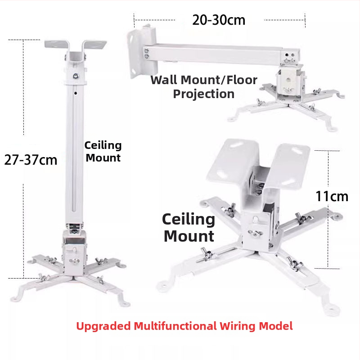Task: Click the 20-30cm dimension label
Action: coord(219,20)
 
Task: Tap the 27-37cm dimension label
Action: coord(31,160)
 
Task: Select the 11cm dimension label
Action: coord(332,196)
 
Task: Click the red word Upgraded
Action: coord(103,326)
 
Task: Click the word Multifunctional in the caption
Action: coord(175,326)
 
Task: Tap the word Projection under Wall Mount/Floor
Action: coord(204,94)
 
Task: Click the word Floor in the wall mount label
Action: coord(242,80)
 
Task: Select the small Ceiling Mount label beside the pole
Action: coord(103,152)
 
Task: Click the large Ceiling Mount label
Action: coord(189,228)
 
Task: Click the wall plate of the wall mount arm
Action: coord(142,51)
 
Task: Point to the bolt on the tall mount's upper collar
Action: coord(76,76)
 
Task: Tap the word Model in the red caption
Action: coord(276,326)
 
